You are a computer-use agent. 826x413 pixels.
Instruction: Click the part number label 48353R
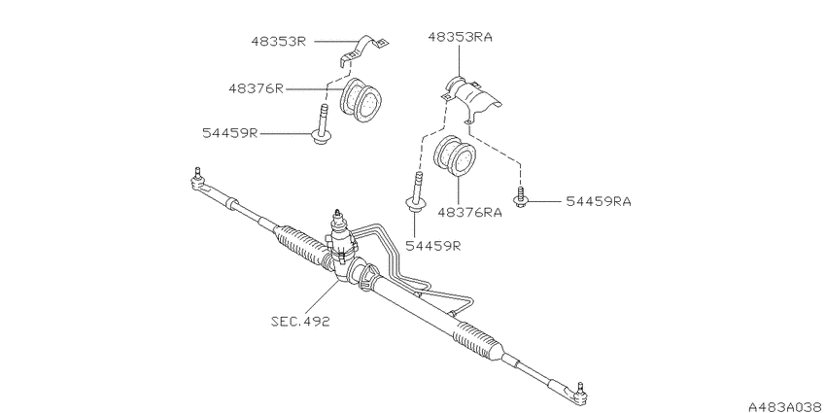click(x=279, y=42)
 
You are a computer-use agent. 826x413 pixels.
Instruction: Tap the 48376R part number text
click(x=256, y=88)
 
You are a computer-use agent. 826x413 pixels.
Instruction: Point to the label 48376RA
click(x=470, y=212)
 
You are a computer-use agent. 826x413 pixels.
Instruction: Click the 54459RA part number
click(x=599, y=201)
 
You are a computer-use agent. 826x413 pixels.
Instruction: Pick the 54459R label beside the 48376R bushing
click(x=230, y=133)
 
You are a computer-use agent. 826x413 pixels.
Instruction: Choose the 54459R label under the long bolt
click(x=433, y=246)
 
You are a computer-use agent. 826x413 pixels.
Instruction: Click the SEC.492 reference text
click(x=300, y=322)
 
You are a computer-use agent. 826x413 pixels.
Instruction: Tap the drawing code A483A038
click(x=787, y=407)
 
